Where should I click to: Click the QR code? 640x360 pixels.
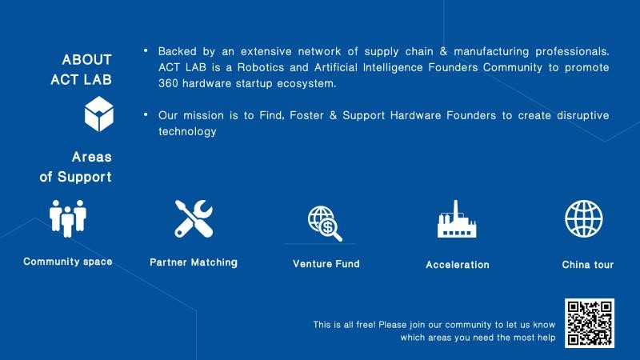pos(590,323)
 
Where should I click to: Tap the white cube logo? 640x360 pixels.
pos(98,114)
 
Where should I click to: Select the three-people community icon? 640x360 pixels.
pos(68,218)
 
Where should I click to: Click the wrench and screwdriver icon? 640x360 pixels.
pos(194,218)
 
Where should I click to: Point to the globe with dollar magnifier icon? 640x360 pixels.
pos(325,223)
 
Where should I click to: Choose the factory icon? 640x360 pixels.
pos(457,218)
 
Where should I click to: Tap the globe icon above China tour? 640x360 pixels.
pos(584,218)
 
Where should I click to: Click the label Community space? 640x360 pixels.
pos(68,262)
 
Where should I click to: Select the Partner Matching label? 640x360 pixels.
pos(194,262)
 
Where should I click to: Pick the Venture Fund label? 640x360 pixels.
pos(326,264)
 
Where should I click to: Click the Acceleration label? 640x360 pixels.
pos(458,265)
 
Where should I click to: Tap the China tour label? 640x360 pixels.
pos(588,265)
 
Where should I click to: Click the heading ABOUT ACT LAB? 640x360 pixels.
pos(82,70)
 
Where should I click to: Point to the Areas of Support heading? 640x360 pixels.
pos(75,167)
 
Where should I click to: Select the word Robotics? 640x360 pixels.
pos(261,67)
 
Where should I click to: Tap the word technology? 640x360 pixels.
pos(187,131)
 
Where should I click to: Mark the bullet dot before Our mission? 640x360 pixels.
pos(146,114)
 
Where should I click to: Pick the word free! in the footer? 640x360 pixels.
pos(366,325)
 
